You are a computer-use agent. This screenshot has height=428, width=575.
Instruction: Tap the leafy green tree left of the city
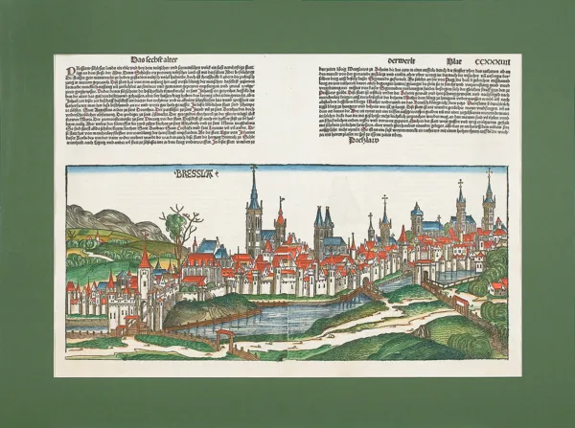[174, 227]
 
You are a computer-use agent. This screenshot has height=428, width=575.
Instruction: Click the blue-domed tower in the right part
[417, 218]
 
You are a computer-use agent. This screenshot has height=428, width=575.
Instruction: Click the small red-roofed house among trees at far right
[498, 285]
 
